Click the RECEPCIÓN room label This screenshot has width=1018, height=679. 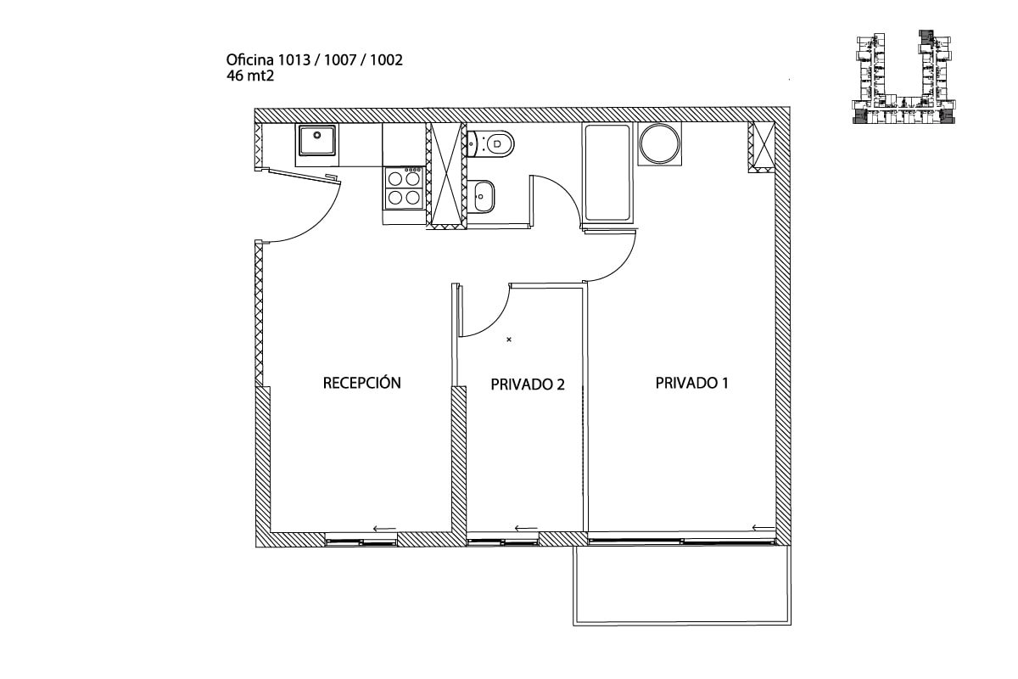(x=361, y=383)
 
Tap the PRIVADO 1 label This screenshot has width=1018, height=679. (x=692, y=383)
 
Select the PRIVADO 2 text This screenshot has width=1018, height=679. (x=528, y=384)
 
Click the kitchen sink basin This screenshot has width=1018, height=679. (x=317, y=141)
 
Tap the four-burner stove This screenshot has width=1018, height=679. (x=404, y=188)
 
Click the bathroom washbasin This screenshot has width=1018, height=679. (x=484, y=197)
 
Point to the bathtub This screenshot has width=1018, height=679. (x=607, y=175)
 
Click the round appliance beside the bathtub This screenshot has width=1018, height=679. (x=660, y=143)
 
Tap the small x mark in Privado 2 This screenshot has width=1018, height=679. (x=509, y=339)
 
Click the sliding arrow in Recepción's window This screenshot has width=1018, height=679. (x=384, y=529)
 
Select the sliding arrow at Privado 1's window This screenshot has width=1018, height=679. (x=763, y=529)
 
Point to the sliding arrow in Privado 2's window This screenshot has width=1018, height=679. (x=526, y=529)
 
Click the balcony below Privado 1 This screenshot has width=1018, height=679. (x=683, y=585)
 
